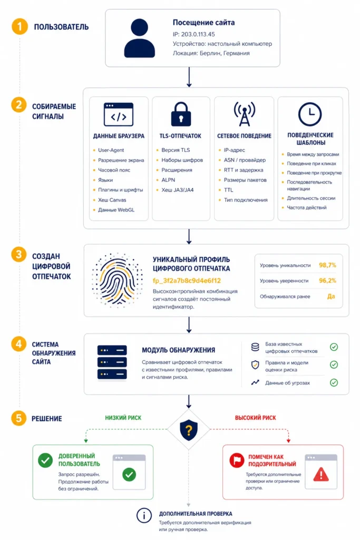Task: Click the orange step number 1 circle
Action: click(x=20, y=26)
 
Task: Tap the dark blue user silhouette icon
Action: click(x=139, y=38)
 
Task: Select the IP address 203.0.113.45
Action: click(x=198, y=34)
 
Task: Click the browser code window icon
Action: click(x=119, y=114)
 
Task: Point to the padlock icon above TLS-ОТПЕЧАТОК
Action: click(x=181, y=114)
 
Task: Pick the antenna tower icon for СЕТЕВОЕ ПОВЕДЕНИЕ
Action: click(x=245, y=114)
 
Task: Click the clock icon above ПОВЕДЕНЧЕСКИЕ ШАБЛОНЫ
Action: click(x=310, y=114)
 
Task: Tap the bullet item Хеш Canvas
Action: click(x=112, y=200)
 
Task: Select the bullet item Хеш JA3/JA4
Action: click(x=178, y=190)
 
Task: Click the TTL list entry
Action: click(x=229, y=190)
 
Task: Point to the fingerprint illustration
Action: click(x=118, y=279)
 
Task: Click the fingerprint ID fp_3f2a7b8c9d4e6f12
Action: click(x=187, y=281)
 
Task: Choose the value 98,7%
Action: click(x=327, y=265)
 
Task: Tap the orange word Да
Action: click(x=331, y=296)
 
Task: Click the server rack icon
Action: click(x=112, y=362)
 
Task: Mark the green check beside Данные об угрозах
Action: click(x=334, y=383)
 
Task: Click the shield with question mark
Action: click(x=189, y=430)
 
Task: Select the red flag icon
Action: click(x=237, y=460)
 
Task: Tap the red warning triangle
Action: click(x=321, y=474)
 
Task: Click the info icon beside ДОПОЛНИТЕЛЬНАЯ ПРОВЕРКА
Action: click(x=144, y=516)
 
